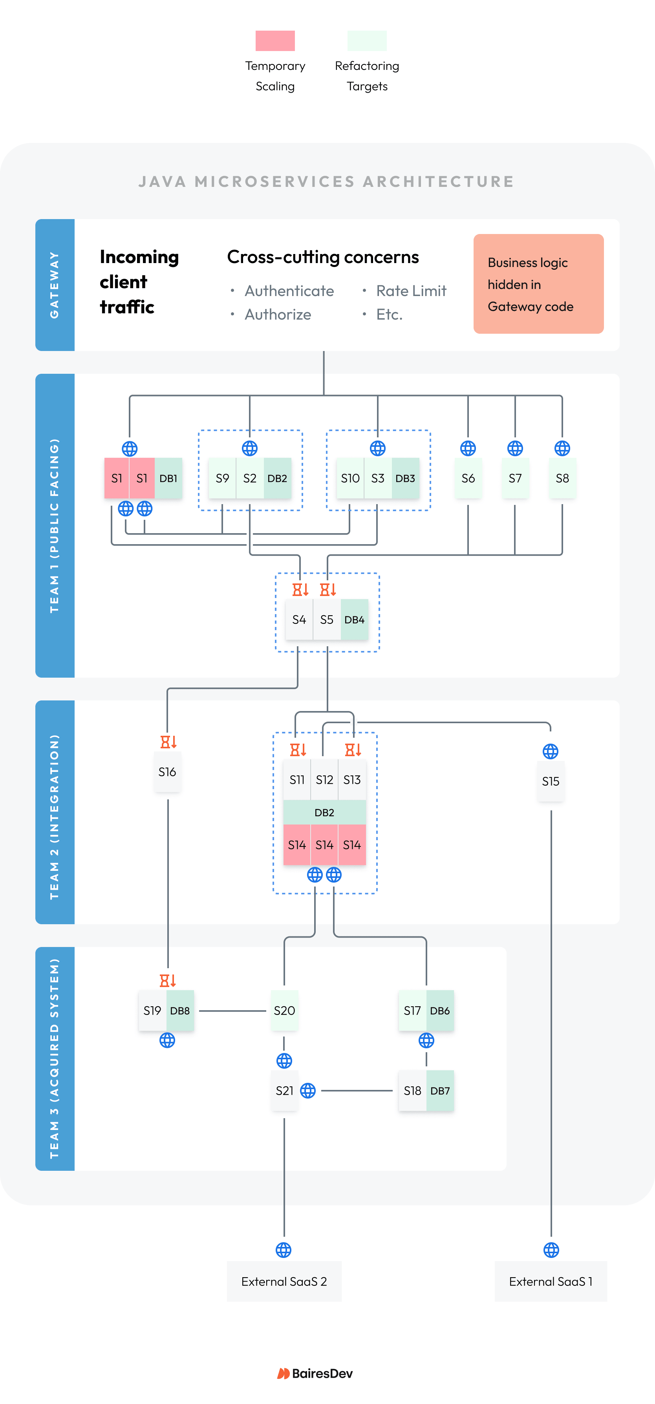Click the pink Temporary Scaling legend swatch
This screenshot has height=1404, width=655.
[x=275, y=41]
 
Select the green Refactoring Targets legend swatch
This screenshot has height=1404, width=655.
[x=367, y=41]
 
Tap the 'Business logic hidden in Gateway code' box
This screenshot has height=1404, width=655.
[x=538, y=284]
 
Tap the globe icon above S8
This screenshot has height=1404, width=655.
[x=562, y=448]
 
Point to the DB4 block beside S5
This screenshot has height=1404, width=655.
[x=354, y=620]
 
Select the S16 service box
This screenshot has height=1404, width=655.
[x=167, y=772]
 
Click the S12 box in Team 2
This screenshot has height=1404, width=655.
[x=324, y=780]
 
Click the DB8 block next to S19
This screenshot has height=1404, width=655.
[x=180, y=1011]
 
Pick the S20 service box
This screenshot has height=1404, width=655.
[x=284, y=1011]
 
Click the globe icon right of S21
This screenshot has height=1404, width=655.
[x=308, y=1091]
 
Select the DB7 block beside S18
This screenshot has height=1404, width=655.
[x=440, y=1091]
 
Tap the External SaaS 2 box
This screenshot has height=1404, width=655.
[x=284, y=1282]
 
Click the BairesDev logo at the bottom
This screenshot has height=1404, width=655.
[x=315, y=1373]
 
